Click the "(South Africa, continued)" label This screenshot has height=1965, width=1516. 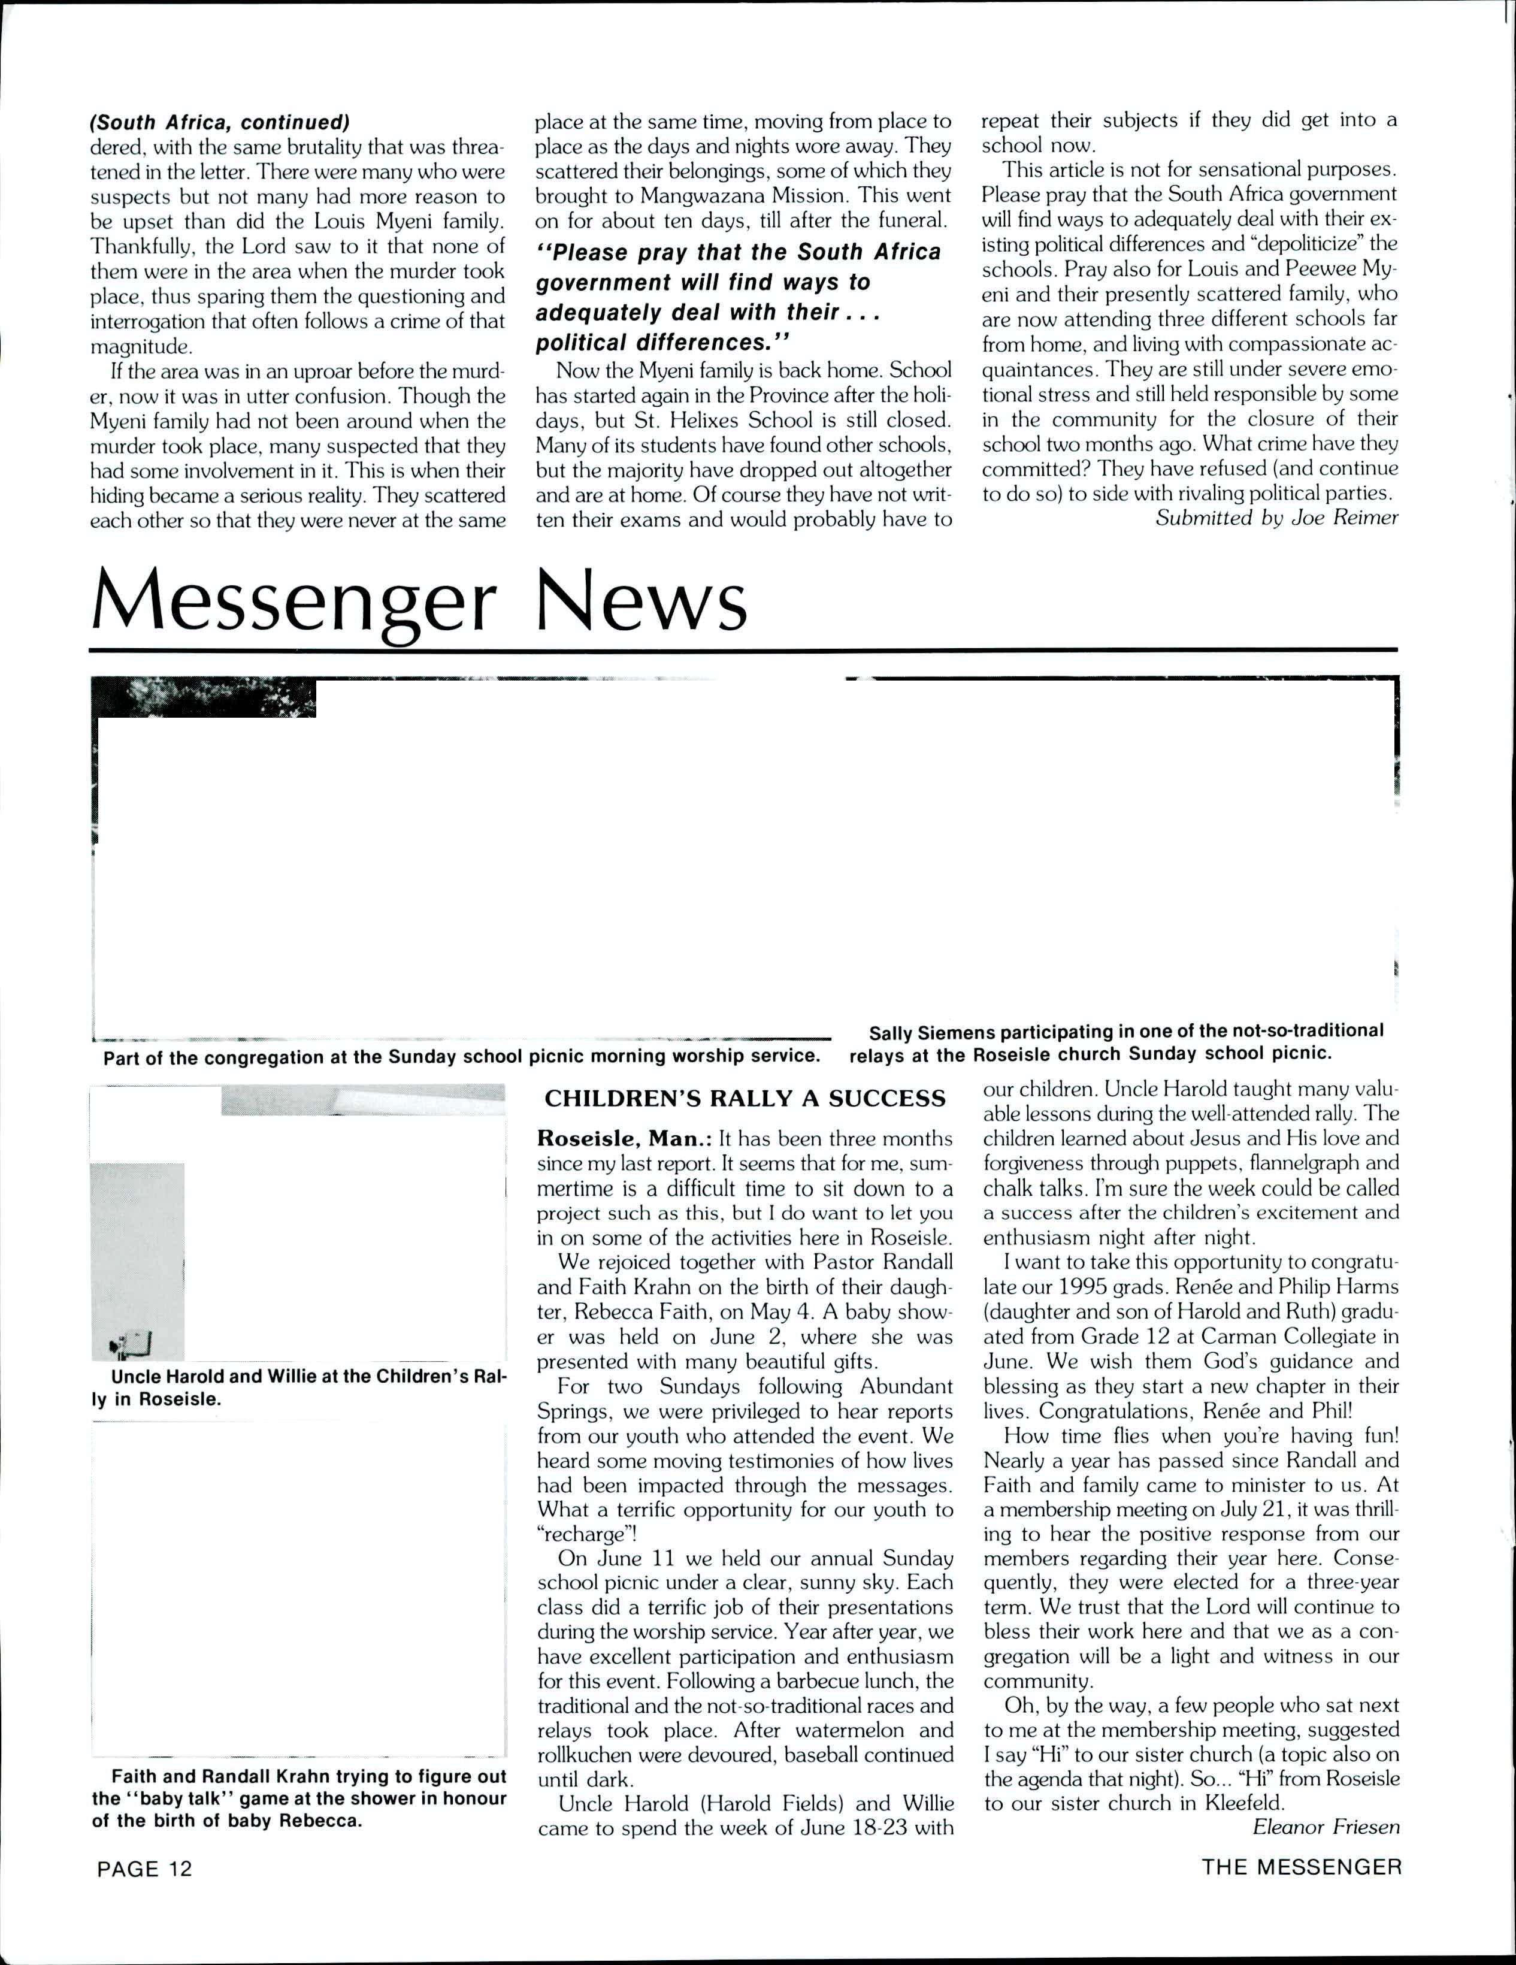coord(220,120)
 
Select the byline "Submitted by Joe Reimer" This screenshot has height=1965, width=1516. coord(1276,518)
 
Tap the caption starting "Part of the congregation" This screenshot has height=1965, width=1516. coord(461,1056)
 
